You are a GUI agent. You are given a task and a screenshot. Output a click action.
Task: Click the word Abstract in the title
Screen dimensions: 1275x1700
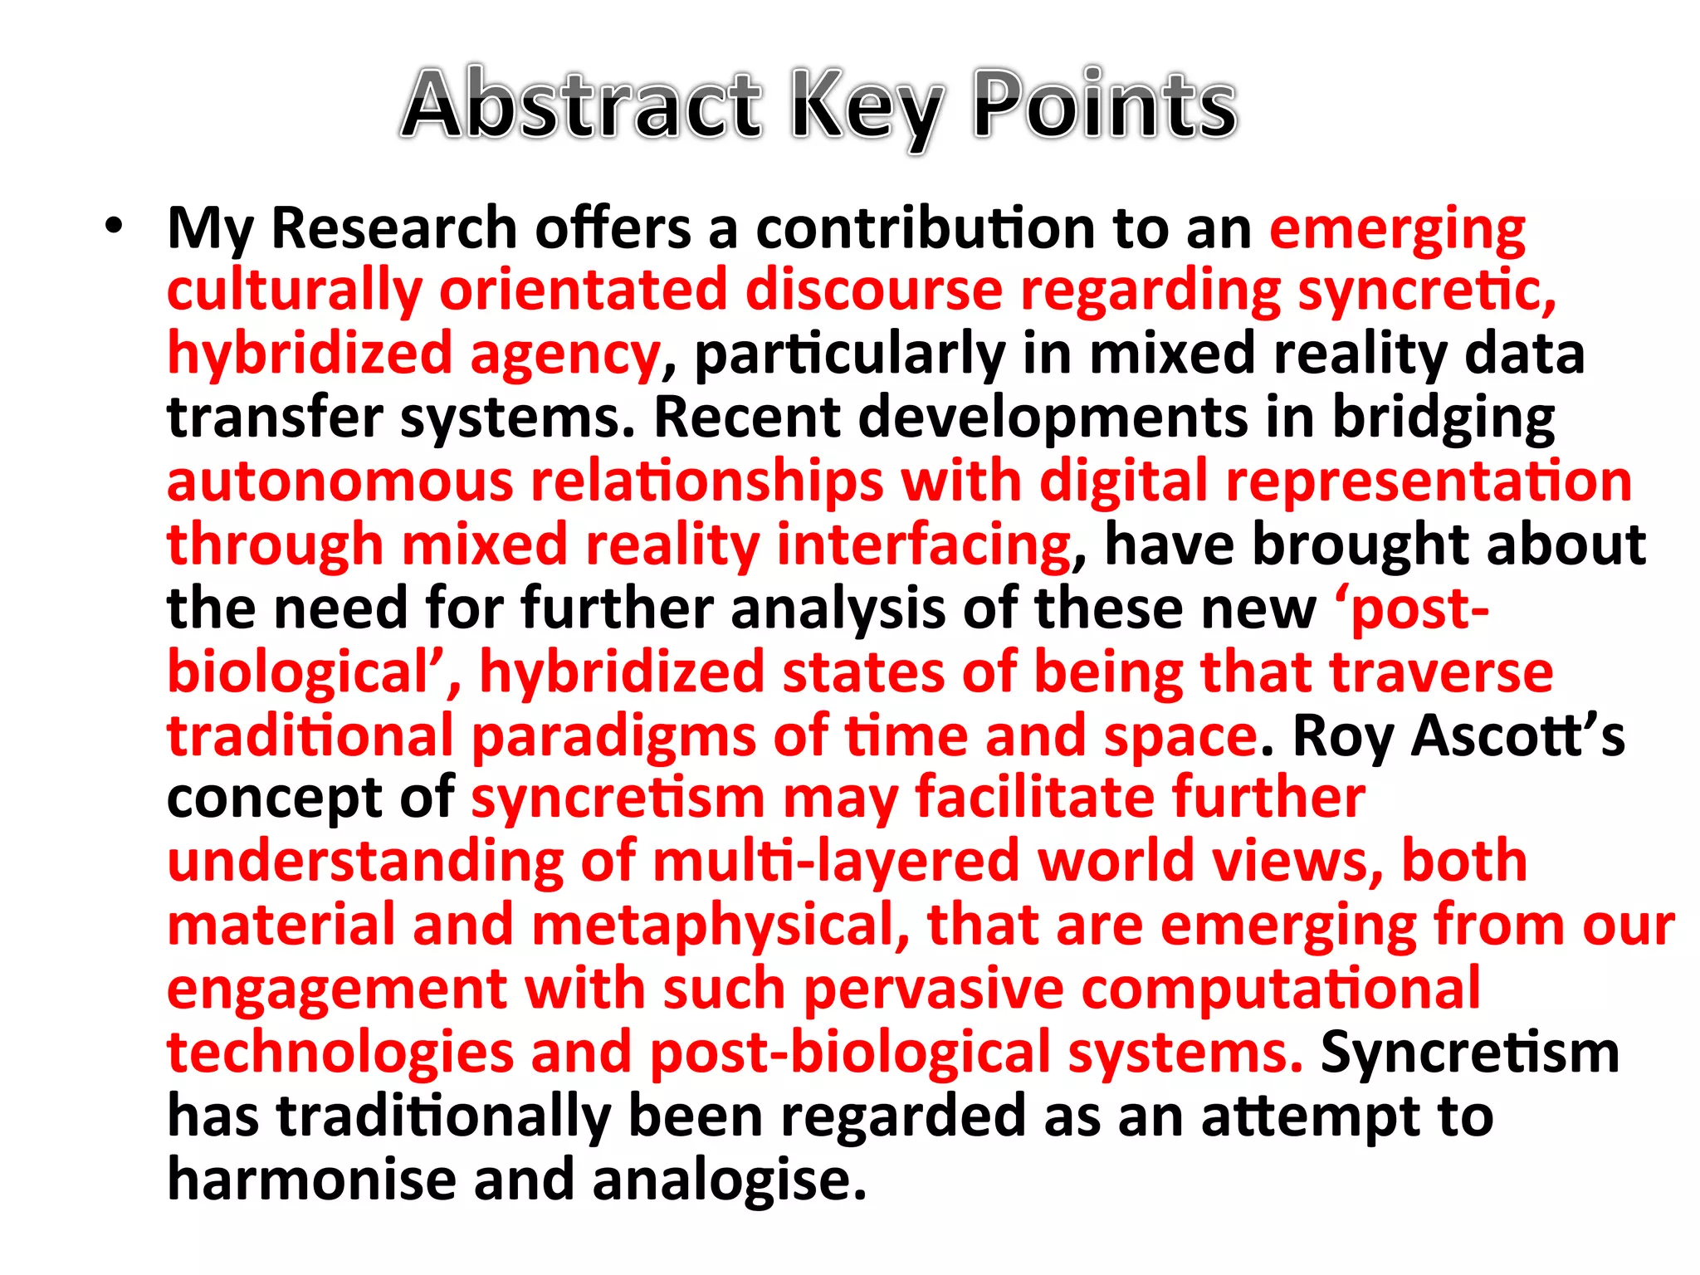(581, 105)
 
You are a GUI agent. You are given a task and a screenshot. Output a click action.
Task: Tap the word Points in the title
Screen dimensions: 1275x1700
(1105, 105)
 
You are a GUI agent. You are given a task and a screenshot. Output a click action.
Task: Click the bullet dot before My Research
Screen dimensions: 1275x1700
(114, 226)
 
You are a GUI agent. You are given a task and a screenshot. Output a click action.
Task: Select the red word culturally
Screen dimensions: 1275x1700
(295, 292)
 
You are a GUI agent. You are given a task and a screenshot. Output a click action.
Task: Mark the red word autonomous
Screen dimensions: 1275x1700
(340, 481)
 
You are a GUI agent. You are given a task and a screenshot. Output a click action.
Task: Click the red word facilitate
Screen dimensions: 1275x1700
(1034, 799)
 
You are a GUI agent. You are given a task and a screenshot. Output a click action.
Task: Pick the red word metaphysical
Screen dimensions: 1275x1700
(714, 926)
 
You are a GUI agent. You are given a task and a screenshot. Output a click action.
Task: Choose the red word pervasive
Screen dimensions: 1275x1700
(934, 989)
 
